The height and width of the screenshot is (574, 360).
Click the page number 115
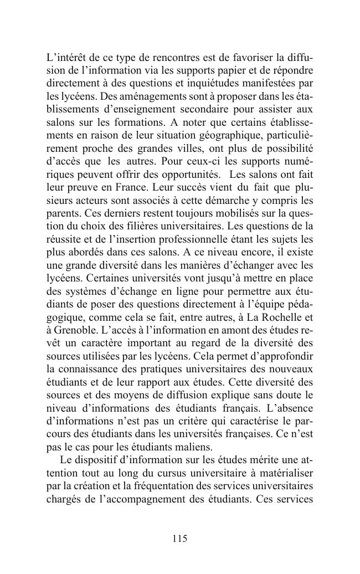179,539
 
